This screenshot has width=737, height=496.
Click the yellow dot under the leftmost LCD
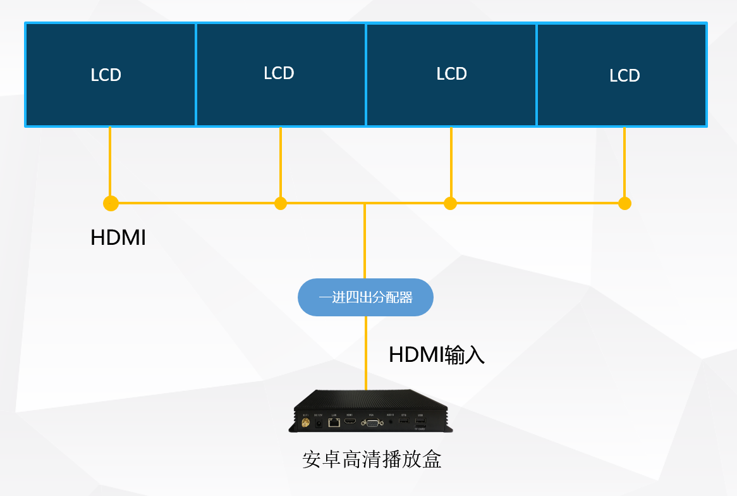[111, 203]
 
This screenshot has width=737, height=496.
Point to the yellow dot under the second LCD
[281, 203]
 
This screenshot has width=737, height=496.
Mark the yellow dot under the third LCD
[450, 203]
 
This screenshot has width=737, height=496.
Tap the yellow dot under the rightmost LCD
[624, 203]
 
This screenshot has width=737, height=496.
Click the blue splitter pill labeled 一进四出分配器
[365, 297]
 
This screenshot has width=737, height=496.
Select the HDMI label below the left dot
[118, 238]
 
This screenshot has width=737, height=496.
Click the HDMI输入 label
[436, 355]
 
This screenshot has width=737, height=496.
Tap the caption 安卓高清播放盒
[372, 459]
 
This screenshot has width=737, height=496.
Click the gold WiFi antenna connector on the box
[305, 423]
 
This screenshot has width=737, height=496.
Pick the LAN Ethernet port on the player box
[334, 422]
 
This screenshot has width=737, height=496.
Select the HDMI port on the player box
[350, 421]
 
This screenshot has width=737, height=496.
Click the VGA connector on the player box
[372, 423]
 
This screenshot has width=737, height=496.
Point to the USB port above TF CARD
[420, 421]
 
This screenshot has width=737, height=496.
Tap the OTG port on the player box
[404, 421]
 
